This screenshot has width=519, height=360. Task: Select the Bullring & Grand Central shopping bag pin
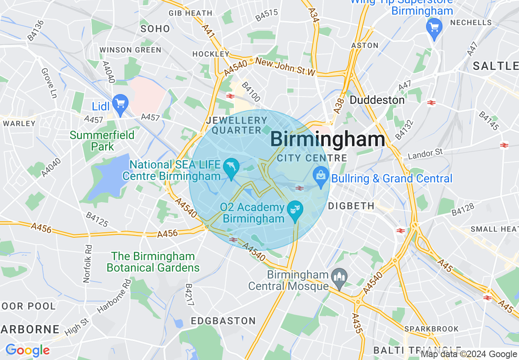[x=321, y=176]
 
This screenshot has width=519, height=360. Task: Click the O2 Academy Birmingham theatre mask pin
[x=295, y=210]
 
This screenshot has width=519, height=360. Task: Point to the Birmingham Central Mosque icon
[x=339, y=278]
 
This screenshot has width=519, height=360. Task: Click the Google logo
[x=27, y=351]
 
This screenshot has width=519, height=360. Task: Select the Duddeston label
[x=377, y=100]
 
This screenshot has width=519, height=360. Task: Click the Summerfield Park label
[x=102, y=140]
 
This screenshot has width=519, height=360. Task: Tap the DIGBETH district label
[x=352, y=206]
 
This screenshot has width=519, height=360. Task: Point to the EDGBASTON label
[x=223, y=321]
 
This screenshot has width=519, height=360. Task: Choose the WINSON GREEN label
[x=131, y=50]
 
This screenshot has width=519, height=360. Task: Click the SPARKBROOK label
[x=431, y=329]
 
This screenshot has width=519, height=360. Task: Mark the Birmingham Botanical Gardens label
[x=153, y=262]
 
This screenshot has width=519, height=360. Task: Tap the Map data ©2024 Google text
[x=469, y=354]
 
